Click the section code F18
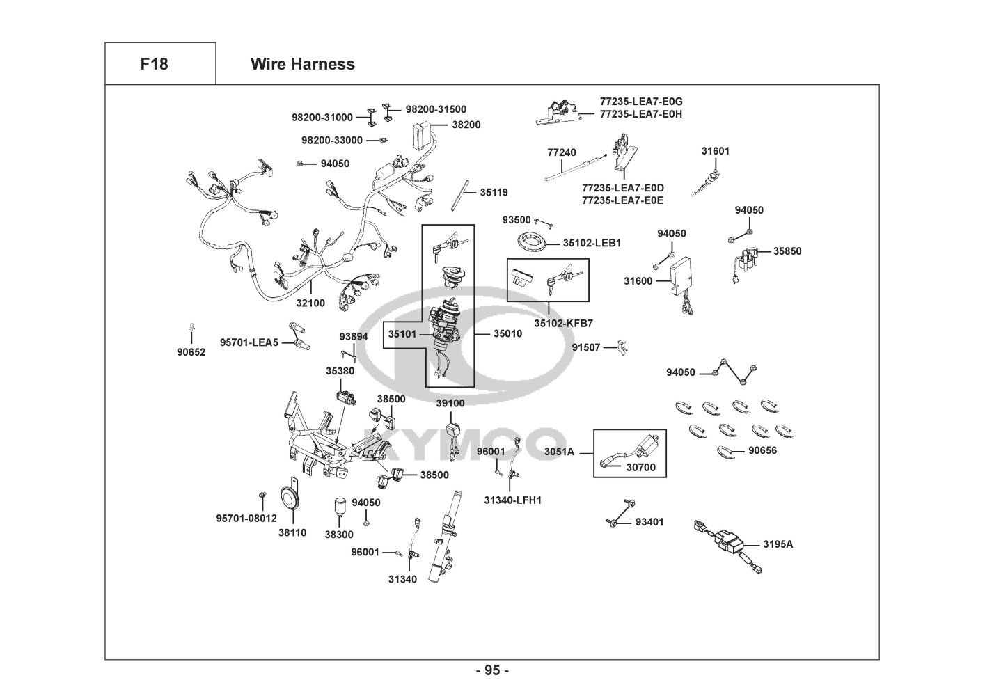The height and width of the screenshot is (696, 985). [x=154, y=64]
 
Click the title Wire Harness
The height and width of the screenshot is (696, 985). [x=302, y=64]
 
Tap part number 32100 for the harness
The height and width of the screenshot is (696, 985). [x=310, y=303]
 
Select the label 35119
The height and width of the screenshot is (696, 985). [x=494, y=192]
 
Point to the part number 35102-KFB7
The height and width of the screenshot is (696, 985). [x=564, y=324]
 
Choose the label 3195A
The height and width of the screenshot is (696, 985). [x=778, y=544]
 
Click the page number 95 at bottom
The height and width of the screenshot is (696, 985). [x=492, y=671]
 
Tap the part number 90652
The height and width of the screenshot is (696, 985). [x=191, y=352]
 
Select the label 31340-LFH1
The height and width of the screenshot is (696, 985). [x=512, y=500]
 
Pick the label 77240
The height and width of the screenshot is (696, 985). [x=561, y=152]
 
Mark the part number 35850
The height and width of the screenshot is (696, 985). [x=787, y=251]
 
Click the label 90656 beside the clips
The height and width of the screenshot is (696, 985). [x=763, y=450]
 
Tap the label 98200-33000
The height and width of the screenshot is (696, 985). [x=332, y=140]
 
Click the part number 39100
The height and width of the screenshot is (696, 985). [x=450, y=403]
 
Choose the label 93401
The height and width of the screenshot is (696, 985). [x=649, y=521]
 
